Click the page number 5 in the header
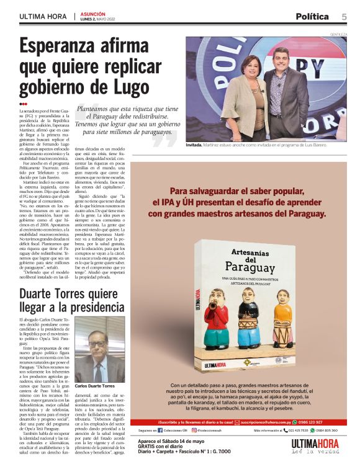(x=344, y=17)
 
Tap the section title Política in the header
(x=313, y=17)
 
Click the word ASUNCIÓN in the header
(x=92, y=13)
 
